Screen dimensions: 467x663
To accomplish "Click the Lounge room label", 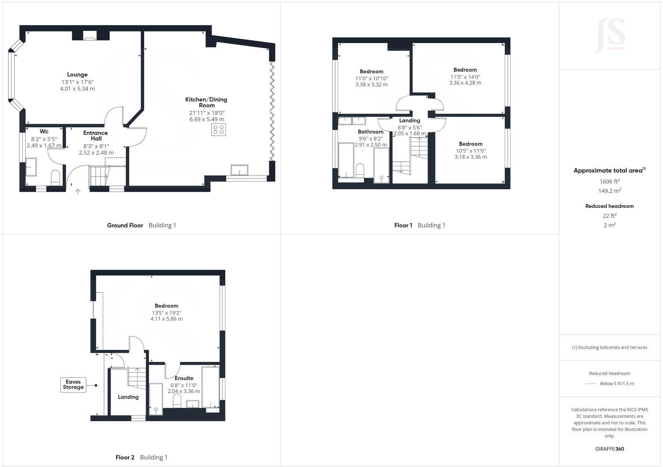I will point(77,75).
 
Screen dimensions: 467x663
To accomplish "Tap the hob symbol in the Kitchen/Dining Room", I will point(218,130).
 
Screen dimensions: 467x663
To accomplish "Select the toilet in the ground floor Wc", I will point(55,178).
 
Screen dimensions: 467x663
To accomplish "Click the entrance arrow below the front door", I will point(77,191).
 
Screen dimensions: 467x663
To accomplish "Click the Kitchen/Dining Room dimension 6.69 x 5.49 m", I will point(207,119).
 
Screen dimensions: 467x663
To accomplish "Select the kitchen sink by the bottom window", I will point(240,170).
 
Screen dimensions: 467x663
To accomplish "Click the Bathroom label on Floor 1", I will point(370,132).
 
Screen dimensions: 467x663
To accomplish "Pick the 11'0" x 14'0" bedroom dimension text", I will point(465,77).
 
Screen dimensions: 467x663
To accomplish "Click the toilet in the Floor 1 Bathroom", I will point(360,171).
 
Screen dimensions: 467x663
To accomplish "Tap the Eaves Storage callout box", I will point(73,385).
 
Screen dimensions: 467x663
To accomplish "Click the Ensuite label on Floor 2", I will point(184,378).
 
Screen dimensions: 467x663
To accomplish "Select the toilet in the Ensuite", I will point(177,400).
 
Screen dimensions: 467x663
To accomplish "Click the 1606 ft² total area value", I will point(609,181).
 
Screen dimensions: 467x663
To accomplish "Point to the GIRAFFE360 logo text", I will point(609,449).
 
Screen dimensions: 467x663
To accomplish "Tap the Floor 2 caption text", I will point(125,457).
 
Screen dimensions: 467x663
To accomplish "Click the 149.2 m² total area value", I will point(609,191).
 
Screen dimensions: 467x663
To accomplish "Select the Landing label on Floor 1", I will point(409,120).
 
